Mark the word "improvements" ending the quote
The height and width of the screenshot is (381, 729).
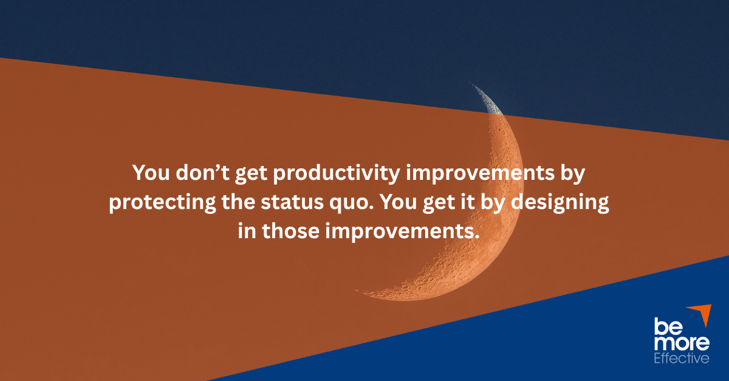[400, 233]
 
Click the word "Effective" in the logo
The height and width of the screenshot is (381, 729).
[681, 359]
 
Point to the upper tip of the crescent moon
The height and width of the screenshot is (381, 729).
[471, 83]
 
